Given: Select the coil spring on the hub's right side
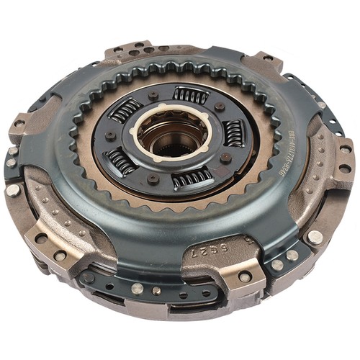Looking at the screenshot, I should coord(233,132).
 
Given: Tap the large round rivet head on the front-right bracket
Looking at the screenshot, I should coord(313,237).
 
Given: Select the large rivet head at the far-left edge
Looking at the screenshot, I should coord(13,190).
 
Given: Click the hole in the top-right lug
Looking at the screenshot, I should coord(267,58).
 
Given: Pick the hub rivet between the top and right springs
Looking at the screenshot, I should coord(219,107).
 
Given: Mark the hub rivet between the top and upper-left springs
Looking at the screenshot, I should coord(153,96).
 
